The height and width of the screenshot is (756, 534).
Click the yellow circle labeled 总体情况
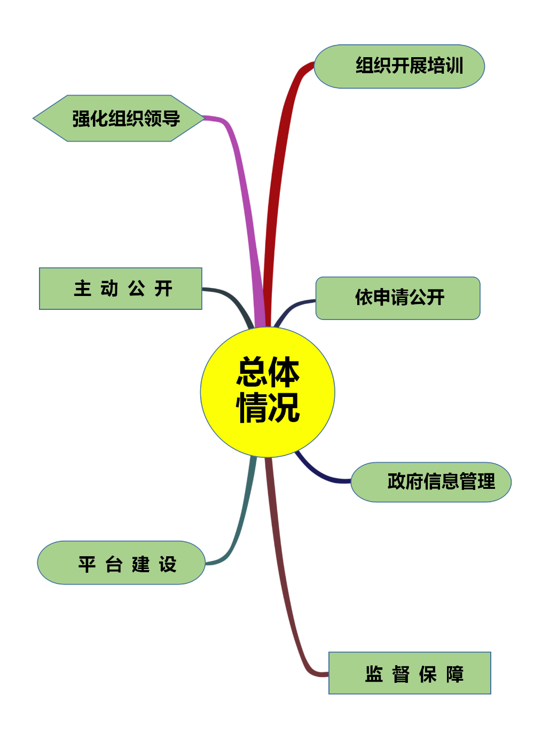pos(268,392)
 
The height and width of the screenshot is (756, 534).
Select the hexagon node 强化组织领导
pos(119,118)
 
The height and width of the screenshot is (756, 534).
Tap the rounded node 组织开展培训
pos(399,66)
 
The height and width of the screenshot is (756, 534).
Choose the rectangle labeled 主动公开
pos(121,289)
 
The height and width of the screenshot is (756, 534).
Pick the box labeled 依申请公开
pos(398,298)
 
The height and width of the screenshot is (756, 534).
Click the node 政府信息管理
pos(431,482)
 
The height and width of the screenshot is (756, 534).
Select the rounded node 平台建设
pos(121,563)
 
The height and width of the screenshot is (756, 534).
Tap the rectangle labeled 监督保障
pos(410,673)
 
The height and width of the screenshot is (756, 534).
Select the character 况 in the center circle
pos(284,408)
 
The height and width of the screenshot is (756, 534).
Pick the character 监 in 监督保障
pos(374,674)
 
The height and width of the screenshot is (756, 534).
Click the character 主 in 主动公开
pos(82,288)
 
